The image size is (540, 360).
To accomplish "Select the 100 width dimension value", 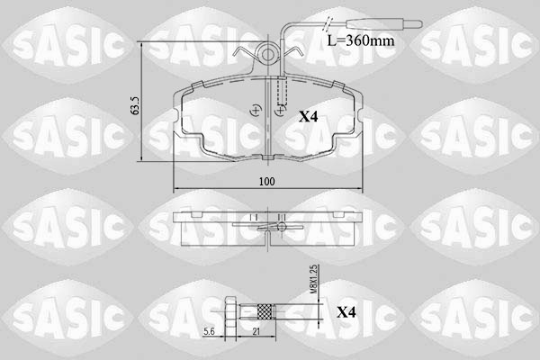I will point(266,182).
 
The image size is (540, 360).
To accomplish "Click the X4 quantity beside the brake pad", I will point(309,116).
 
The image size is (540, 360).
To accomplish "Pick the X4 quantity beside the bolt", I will point(346,312).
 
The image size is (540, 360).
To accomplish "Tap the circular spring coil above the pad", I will point(267,56).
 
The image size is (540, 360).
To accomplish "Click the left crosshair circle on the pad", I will point(257,111).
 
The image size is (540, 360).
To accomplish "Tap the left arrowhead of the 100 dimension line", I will point(176,189).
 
